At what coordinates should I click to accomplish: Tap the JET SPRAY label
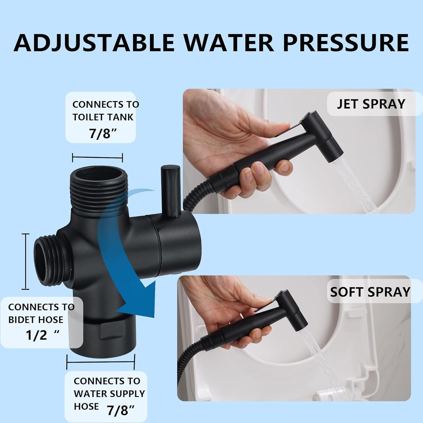(371, 104)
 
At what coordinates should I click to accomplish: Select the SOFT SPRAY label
(370, 292)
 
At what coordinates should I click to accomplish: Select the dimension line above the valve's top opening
(97, 157)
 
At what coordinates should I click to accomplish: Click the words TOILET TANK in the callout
(103, 117)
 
